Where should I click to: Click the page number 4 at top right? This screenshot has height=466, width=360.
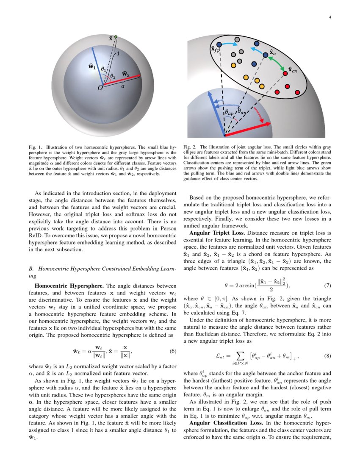click(x=330, y=17)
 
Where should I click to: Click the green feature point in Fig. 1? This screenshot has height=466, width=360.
click(x=116, y=37)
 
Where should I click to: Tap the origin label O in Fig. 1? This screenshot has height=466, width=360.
click(x=100, y=88)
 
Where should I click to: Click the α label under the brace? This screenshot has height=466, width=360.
click(x=122, y=85)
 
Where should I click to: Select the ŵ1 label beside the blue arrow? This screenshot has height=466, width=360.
click(x=91, y=66)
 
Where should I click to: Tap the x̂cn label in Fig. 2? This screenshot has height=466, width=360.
click(x=293, y=70)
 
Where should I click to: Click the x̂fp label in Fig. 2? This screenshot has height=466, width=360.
click(x=215, y=50)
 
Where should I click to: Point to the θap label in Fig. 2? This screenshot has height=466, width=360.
click(x=229, y=113)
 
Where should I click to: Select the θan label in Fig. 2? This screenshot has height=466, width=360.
click(x=242, y=111)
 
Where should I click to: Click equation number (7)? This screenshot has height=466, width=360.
click(x=327, y=286)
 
